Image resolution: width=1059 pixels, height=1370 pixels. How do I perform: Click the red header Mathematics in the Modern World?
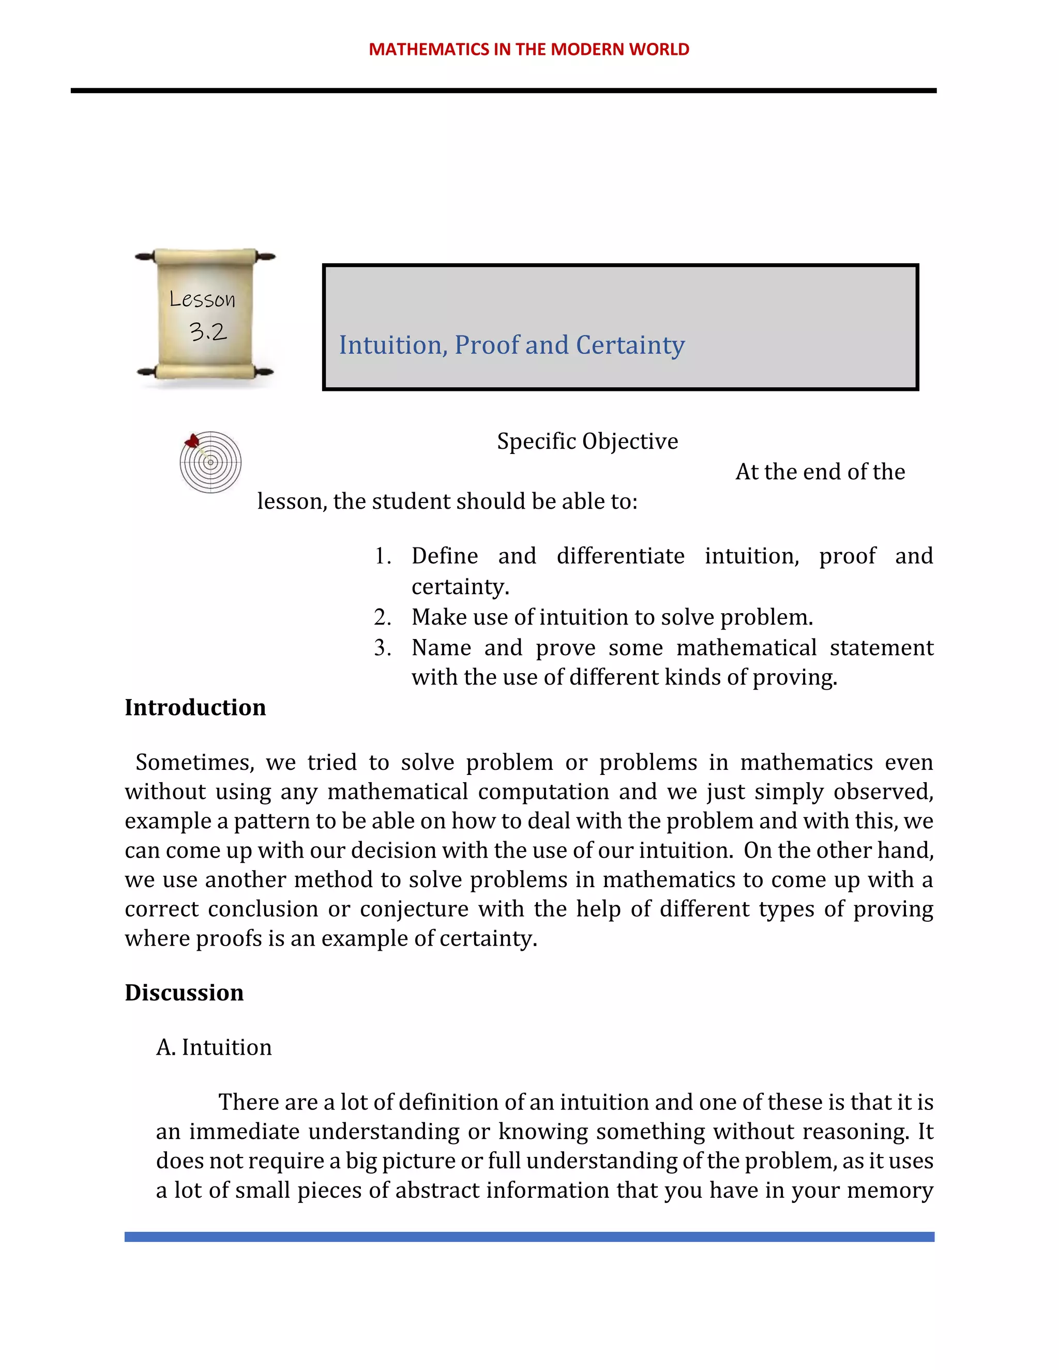pyautogui.click(x=529, y=49)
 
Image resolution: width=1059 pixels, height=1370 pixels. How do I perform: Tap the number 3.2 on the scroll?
pyautogui.click(x=208, y=331)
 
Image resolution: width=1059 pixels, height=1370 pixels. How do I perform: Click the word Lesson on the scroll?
pyautogui.click(x=203, y=299)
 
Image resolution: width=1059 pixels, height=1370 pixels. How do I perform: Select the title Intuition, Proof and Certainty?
pyautogui.click(x=511, y=345)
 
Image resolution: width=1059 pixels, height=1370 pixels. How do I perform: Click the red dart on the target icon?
pyautogui.click(x=192, y=440)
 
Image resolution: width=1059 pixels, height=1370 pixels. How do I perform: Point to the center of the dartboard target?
pyautogui.click(x=211, y=463)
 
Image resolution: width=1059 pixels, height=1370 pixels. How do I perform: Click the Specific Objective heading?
pyautogui.click(x=587, y=441)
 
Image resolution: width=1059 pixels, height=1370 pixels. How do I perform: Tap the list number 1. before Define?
pyautogui.click(x=383, y=556)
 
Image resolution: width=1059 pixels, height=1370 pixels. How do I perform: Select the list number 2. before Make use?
pyautogui.click(x=383, y=617)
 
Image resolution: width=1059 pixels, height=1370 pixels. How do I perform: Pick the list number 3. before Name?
pyautogui.click(x=383, y=647)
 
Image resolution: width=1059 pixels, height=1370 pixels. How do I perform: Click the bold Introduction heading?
pyautogui.click(x=195, y=708)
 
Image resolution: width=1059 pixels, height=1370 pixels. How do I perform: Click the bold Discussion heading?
pyautogui.click(x=184, y=993)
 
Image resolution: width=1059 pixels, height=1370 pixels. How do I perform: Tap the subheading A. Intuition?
pyautogui.click(x=214, y=1047)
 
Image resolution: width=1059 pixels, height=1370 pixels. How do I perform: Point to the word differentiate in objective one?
pyautogui.click(x=620, y=556)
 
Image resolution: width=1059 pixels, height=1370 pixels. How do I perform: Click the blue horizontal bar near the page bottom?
pyautogui.click(x=529, y=1237)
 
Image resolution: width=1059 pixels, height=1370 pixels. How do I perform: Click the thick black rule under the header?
pyautogui.click(x=503, y=91)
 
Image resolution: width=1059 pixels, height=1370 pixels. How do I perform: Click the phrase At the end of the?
pyautogui.click(x=820, y=471)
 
